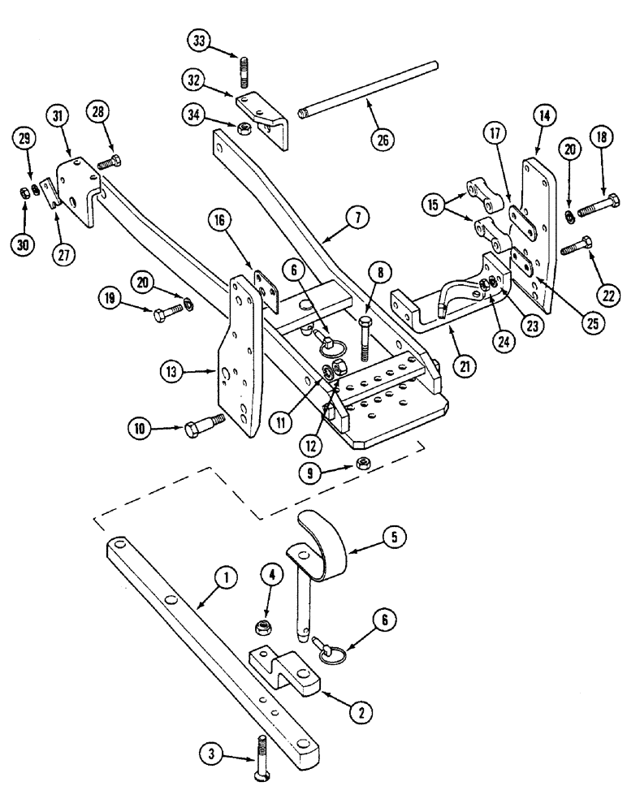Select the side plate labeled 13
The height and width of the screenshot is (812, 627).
click(240, 357)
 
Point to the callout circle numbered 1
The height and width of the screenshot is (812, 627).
click(227, 577)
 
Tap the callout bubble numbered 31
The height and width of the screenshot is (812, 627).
click(58, 117)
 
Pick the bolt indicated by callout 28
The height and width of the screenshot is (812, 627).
click(110, 162)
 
